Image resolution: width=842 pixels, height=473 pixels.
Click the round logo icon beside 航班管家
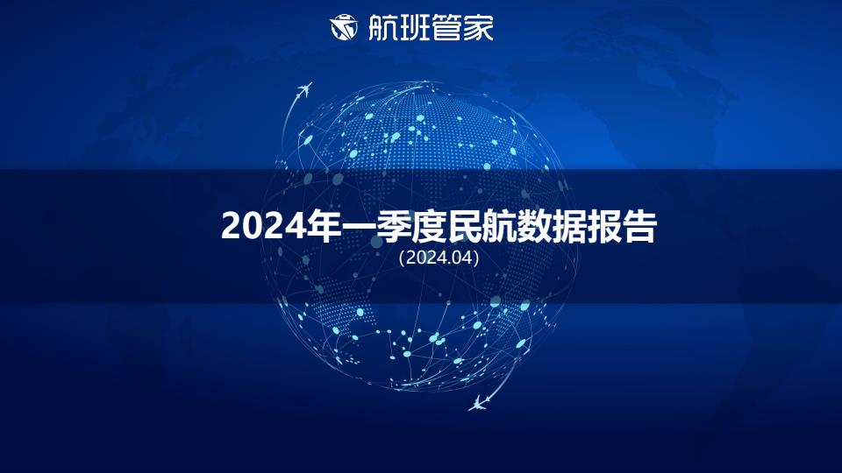coord(344,27)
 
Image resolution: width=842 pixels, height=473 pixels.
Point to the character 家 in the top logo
coord(478,27)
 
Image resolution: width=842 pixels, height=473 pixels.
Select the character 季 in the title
coord(395,226)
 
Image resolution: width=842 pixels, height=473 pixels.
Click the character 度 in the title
coord(430,226)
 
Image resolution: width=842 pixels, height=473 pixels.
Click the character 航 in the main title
coord(499,226)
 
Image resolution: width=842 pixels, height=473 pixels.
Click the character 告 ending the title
coord(639,226)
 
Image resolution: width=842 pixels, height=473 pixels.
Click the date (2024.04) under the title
coord(439,258)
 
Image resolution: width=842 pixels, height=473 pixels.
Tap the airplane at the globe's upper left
coord(304,90)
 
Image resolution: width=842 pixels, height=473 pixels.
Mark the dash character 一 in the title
coord(360,228)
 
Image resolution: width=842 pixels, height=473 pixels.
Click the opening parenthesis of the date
coord(402,258)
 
